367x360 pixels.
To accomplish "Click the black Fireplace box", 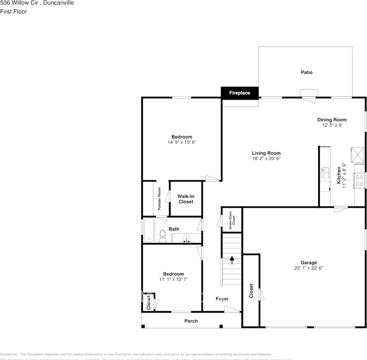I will (x=239, y=93).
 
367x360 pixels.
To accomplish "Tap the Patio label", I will (x=307, y=72).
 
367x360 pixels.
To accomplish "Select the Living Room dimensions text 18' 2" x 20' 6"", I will (x=266, y=159).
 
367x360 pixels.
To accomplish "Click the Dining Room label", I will (x=332, y=120).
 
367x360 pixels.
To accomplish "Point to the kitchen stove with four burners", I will (x=359, y=180).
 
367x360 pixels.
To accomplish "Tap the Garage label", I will (x=308, y=262).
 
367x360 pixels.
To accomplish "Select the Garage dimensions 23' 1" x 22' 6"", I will (x=308, y=268).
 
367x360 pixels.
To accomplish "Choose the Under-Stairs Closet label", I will (x=232, y=220).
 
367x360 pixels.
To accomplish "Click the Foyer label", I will (x=222, y=299).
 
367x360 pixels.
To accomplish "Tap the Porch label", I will (x=191, y=321).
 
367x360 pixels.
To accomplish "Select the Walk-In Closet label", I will (x=186, y=199).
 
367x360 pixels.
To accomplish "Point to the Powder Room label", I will (x=159, y=199).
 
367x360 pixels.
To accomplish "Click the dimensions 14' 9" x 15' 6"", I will (x=182, y=142).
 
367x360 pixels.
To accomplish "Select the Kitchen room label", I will (x=339, y=175).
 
